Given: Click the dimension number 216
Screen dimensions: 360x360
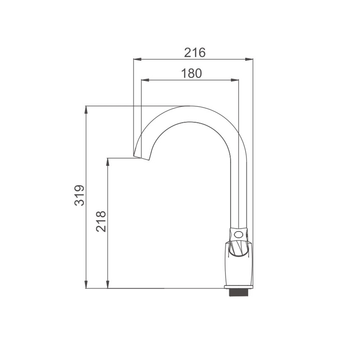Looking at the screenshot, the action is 195,53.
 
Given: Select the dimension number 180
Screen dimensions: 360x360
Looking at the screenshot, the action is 191,73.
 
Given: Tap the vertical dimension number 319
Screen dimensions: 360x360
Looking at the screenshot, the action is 80,195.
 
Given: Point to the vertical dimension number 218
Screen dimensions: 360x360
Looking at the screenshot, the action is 101,221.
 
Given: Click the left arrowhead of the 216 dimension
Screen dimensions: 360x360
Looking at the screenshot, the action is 137,59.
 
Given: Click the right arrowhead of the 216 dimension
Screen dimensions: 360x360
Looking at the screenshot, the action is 249,59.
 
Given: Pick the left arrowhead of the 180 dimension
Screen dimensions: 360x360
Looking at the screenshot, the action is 145,80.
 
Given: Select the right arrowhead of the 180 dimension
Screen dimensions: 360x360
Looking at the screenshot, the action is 235,80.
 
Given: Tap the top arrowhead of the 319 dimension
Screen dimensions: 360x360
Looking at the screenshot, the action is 86,110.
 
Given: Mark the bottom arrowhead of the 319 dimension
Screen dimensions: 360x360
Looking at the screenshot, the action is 86,284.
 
